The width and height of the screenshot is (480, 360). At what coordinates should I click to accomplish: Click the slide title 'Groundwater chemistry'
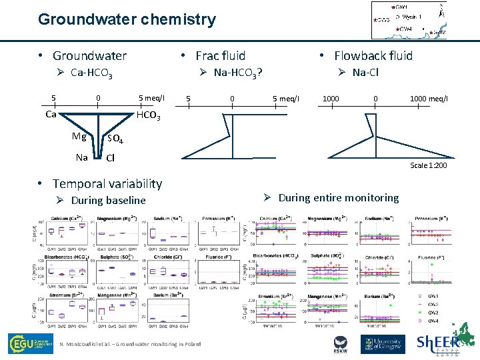pos(127,19)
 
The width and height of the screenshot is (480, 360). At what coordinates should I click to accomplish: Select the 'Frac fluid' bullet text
pos(220,56)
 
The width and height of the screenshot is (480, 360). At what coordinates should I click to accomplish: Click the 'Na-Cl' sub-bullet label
pos(365,72)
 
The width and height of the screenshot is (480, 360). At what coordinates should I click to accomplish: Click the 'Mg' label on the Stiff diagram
pos(79,137)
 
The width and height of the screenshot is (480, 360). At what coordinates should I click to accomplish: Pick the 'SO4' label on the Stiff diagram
pos(115,139)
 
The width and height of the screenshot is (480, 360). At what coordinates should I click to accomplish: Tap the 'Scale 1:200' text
pos(428,165)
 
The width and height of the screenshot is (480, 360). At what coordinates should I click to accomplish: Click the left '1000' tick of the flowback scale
pos(331,99)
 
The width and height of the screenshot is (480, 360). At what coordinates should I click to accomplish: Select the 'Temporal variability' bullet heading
pos(107,183)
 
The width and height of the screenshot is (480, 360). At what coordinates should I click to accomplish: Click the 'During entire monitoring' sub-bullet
pos(338,197)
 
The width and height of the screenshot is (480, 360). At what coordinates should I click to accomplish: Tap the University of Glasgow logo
pos(383,343)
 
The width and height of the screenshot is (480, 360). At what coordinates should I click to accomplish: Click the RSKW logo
pos(341,343)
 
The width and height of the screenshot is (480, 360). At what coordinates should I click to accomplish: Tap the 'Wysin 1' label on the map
pos(412,16)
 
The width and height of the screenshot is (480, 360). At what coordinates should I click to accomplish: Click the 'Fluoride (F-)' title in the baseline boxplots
pos(210,257)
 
